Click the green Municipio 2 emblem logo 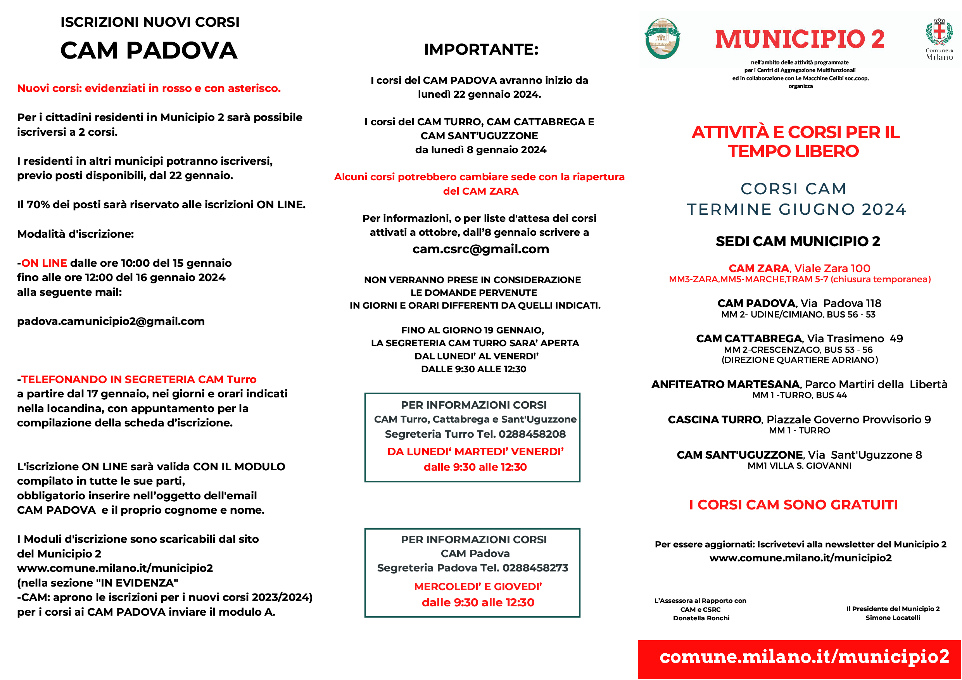coord(662,38)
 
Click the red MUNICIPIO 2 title coord(800,39)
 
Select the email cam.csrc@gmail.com coord(480,249)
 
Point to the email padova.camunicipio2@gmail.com coord(111,321)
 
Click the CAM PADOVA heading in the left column coord(149,50)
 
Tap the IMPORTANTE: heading coord(481,50)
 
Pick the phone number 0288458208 coord(532,434)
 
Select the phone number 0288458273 coord(535,568)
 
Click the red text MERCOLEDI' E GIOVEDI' coord(478,587)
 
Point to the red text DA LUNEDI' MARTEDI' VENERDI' coord(475,452)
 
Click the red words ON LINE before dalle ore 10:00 coord(44,263)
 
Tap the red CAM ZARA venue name coord(758,268)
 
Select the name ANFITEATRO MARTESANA coord(725,384)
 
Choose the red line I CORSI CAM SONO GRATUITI coord(793,505)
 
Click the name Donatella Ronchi coord(701,618)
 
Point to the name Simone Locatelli coord(893,618)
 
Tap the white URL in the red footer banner coord(804,656)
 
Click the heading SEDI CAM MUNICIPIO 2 coord(798,241)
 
